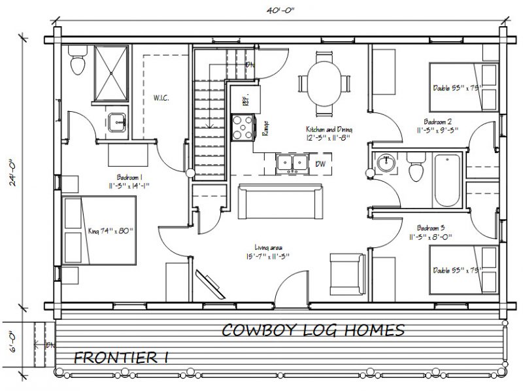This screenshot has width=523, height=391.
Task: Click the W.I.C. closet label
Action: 161,99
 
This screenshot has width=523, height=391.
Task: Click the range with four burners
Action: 243,126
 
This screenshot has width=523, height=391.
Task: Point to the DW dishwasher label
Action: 321,163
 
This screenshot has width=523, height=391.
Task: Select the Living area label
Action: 269,251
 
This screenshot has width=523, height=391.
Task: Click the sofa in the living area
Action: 281,202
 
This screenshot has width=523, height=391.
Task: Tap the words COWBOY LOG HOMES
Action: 312,330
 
